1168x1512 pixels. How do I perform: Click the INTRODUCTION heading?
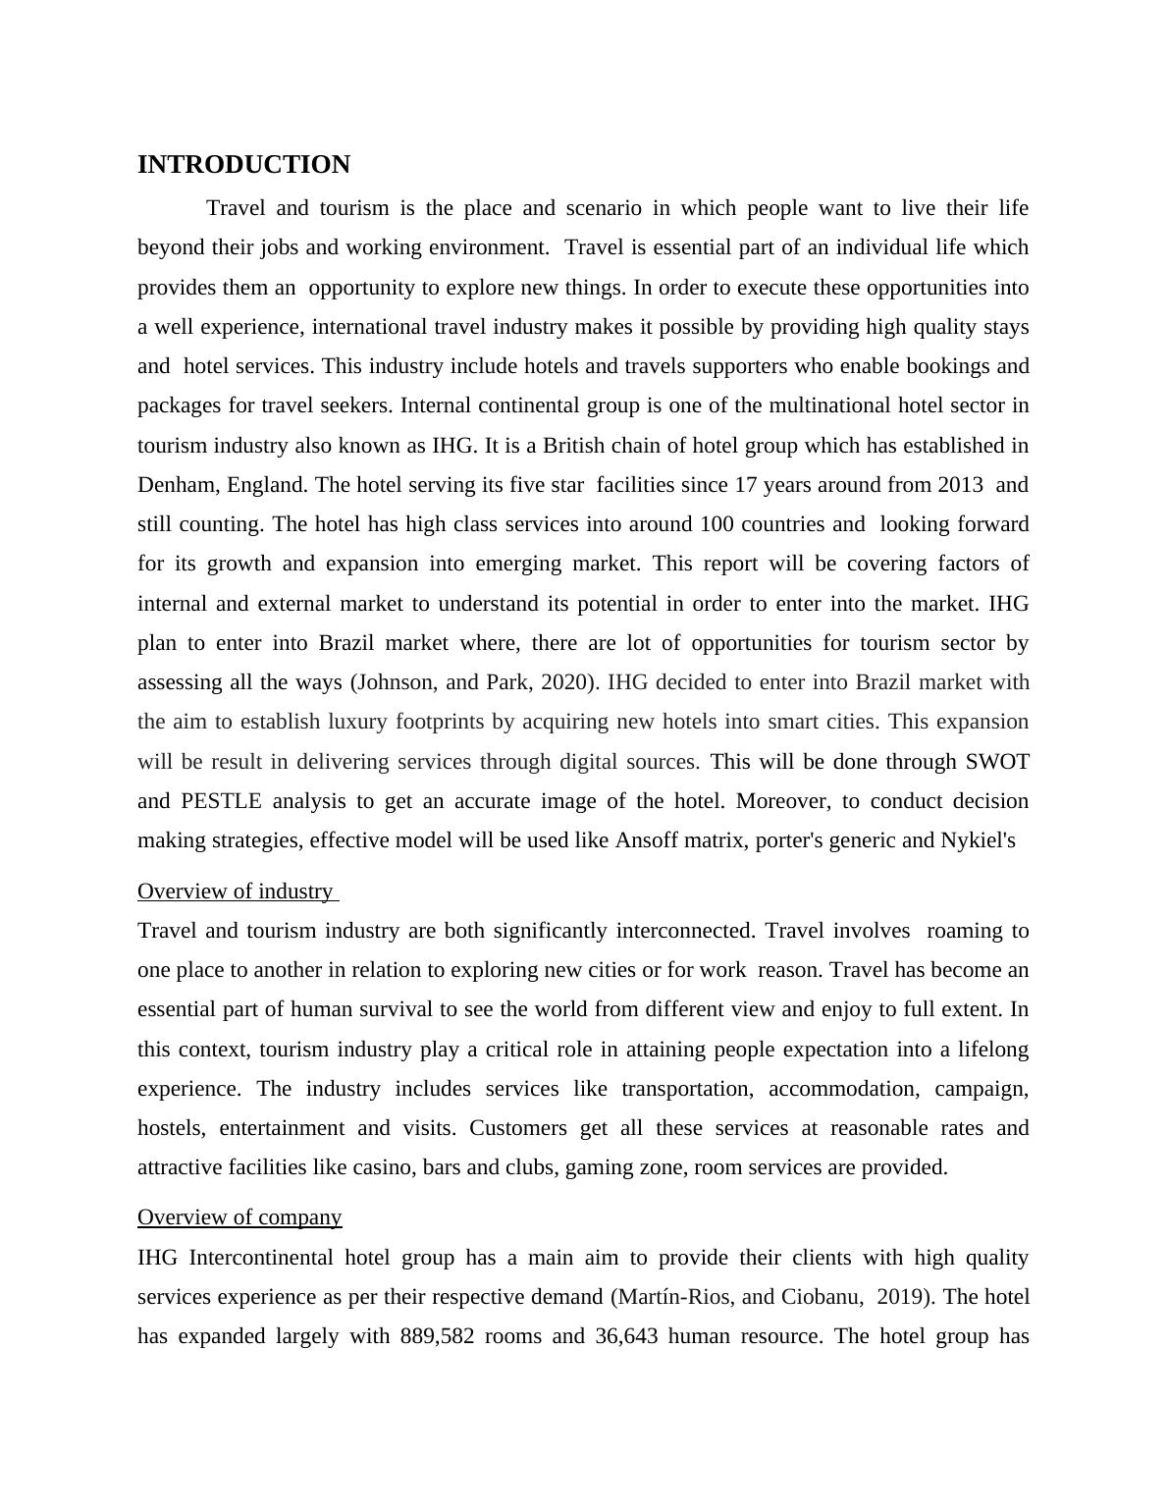[243, 165]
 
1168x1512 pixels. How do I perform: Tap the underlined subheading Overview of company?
[239, 1217]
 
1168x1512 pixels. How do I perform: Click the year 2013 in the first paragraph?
[961, 485]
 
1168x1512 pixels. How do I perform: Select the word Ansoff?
[648, 840]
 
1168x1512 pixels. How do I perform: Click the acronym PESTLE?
[221, 801]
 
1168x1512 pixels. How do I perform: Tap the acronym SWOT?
[997, 762]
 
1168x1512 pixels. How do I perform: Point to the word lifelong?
[990, 1050]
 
